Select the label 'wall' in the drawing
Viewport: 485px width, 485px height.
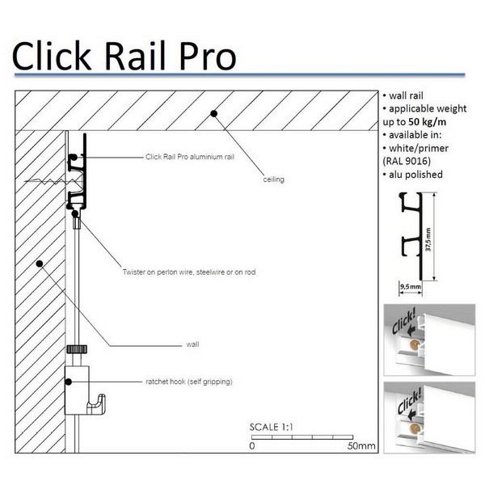pyautogui.click(x=192, y=344)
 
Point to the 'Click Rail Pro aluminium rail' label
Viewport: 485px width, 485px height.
pyautogui.click(x=189, y=157)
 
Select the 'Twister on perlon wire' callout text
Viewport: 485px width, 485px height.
pyautogui.click(x=189, y=272)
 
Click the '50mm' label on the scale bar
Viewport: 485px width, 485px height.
pyautogui.click(x=361, y=445)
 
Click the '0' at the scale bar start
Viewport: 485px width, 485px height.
pyautogui.click(x=252, y=445)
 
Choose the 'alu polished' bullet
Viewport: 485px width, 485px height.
pyautogui.click(x=415, y=175)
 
